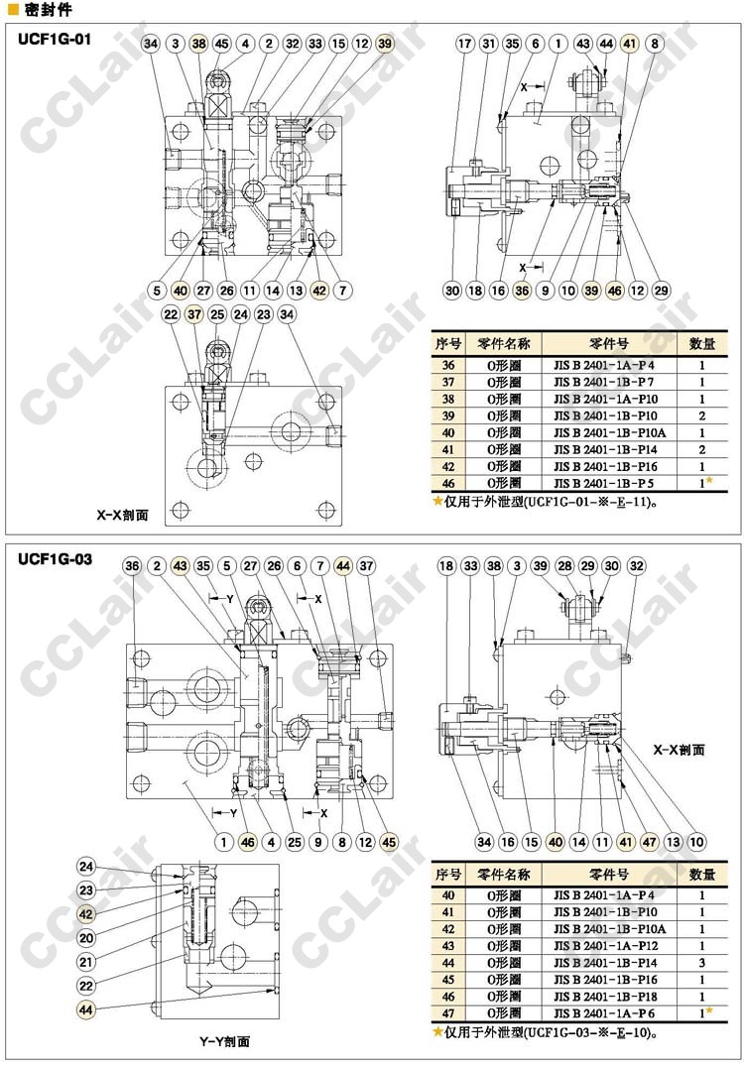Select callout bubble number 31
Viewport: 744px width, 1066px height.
pyautogui.click(x=488, y=44)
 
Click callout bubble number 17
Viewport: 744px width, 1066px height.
pyautogui.click(x=465, y=44)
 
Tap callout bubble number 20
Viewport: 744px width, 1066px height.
pyautogui.click(x=86, y=937)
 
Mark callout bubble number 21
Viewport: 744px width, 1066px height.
pyautogui.click(x=86, y=961)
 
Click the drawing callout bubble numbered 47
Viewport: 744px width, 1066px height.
pyautogui.click(x=650, y=842)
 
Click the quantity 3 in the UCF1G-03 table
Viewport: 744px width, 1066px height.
pyautogui.click(x=701, y=962)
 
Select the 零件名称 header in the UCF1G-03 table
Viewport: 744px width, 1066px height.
pyautogui.click(x=504, y=875)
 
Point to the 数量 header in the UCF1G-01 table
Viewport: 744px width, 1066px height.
pyautogui.click(x=702, y=343)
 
